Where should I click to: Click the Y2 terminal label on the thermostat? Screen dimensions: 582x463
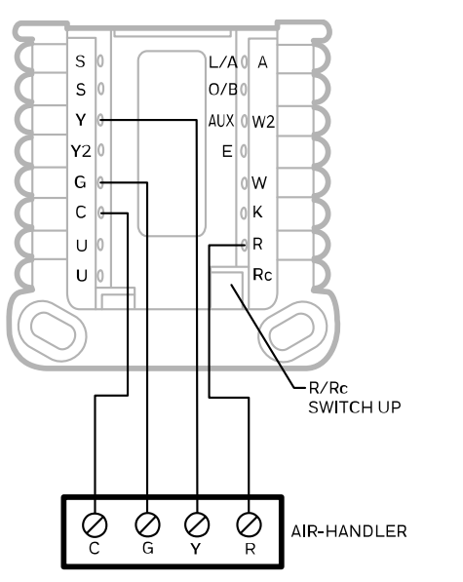coord(80,150)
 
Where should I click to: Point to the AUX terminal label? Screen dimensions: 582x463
coord(221,121)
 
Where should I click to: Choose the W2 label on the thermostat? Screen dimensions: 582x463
coord(263,122)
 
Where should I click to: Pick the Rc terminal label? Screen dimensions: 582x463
coord(262,275)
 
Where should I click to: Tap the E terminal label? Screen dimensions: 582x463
coord(228,151)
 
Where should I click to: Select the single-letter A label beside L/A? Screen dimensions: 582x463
coord(261,61)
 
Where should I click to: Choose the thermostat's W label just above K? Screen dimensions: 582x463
coord(259,182)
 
